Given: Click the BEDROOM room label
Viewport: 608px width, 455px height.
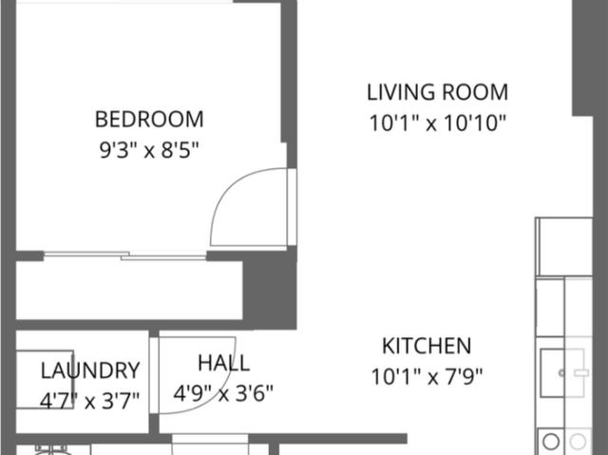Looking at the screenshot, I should click(149, 120).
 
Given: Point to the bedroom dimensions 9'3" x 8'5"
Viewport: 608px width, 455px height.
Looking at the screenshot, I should click(149, 149).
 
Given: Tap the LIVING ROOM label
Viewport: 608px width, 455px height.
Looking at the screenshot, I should click(437, 92).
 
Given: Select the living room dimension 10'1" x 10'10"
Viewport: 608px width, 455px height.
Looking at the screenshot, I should click(437, 123).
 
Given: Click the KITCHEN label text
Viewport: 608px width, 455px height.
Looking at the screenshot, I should click(427, 346).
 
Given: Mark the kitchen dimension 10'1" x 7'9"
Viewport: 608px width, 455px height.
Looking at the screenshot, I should click(427, 376).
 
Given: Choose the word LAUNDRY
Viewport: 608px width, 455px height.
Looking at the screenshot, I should click(90, 370).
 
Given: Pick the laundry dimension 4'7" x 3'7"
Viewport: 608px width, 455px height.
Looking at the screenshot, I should click(90, 400).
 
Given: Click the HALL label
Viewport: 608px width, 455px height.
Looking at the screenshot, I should click(224, 363).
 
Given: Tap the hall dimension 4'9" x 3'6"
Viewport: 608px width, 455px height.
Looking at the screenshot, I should click(224, 392).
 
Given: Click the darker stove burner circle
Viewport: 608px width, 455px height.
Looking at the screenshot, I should click(551, 442).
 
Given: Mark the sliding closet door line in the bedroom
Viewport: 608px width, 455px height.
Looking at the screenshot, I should click(123, 256).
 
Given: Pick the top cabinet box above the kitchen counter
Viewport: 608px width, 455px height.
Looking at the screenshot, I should click(563, 247).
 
